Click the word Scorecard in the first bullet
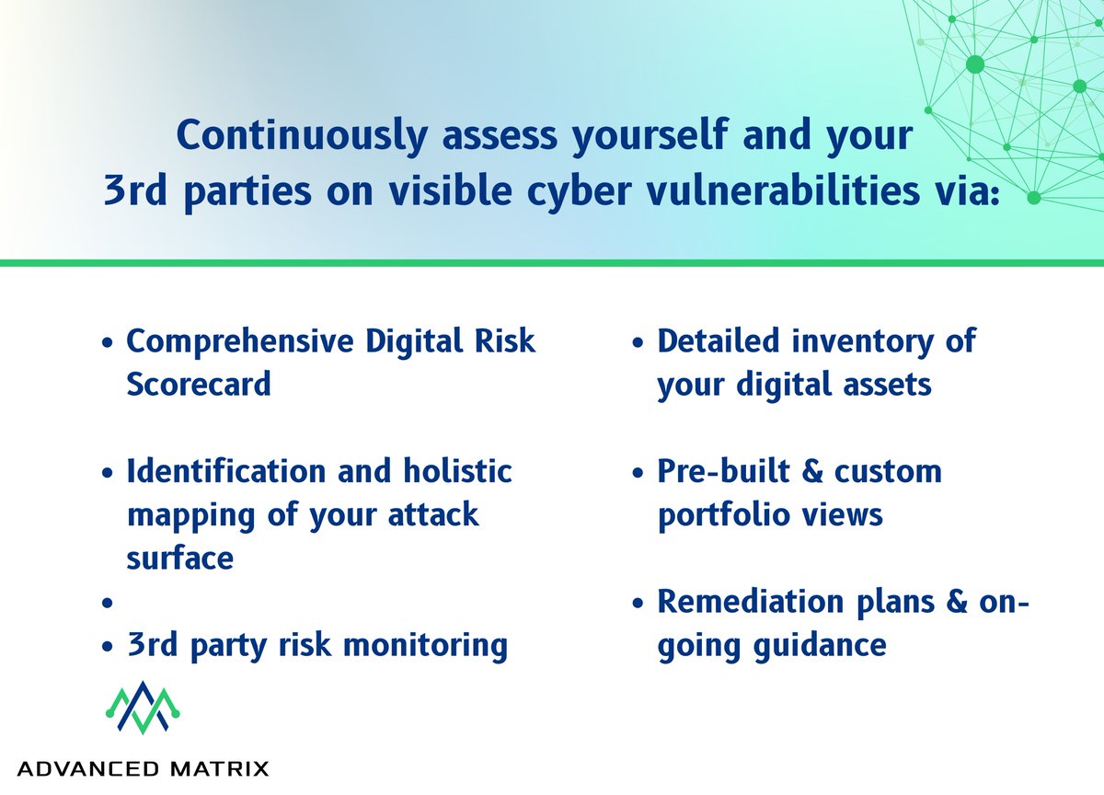click(199, 383)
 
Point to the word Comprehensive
click(239, 340)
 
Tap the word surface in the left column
click(179, 557)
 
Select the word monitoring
click(424, 645)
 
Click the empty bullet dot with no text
click(109, 604)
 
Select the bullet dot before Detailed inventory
click(639, 343)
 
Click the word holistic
click(457, 471)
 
